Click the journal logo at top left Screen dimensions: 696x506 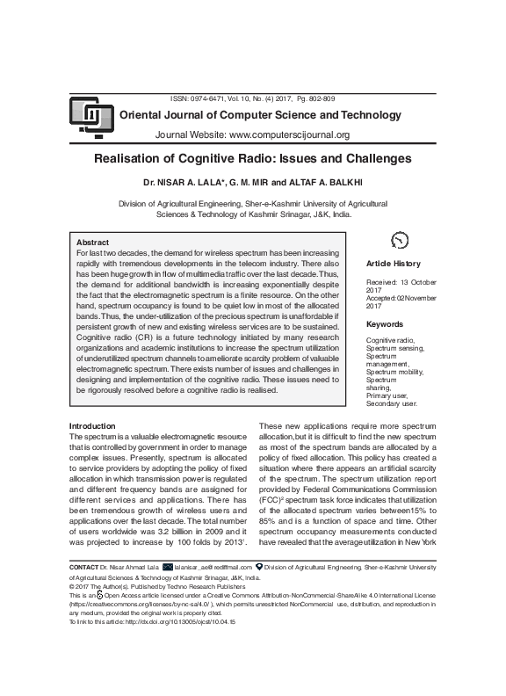[88, 114]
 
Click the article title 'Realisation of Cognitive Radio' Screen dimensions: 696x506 [252, 159]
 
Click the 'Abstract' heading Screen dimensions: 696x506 [93, 242]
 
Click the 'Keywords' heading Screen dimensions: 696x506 [385, 324]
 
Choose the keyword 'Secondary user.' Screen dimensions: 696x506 [392, 403]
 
